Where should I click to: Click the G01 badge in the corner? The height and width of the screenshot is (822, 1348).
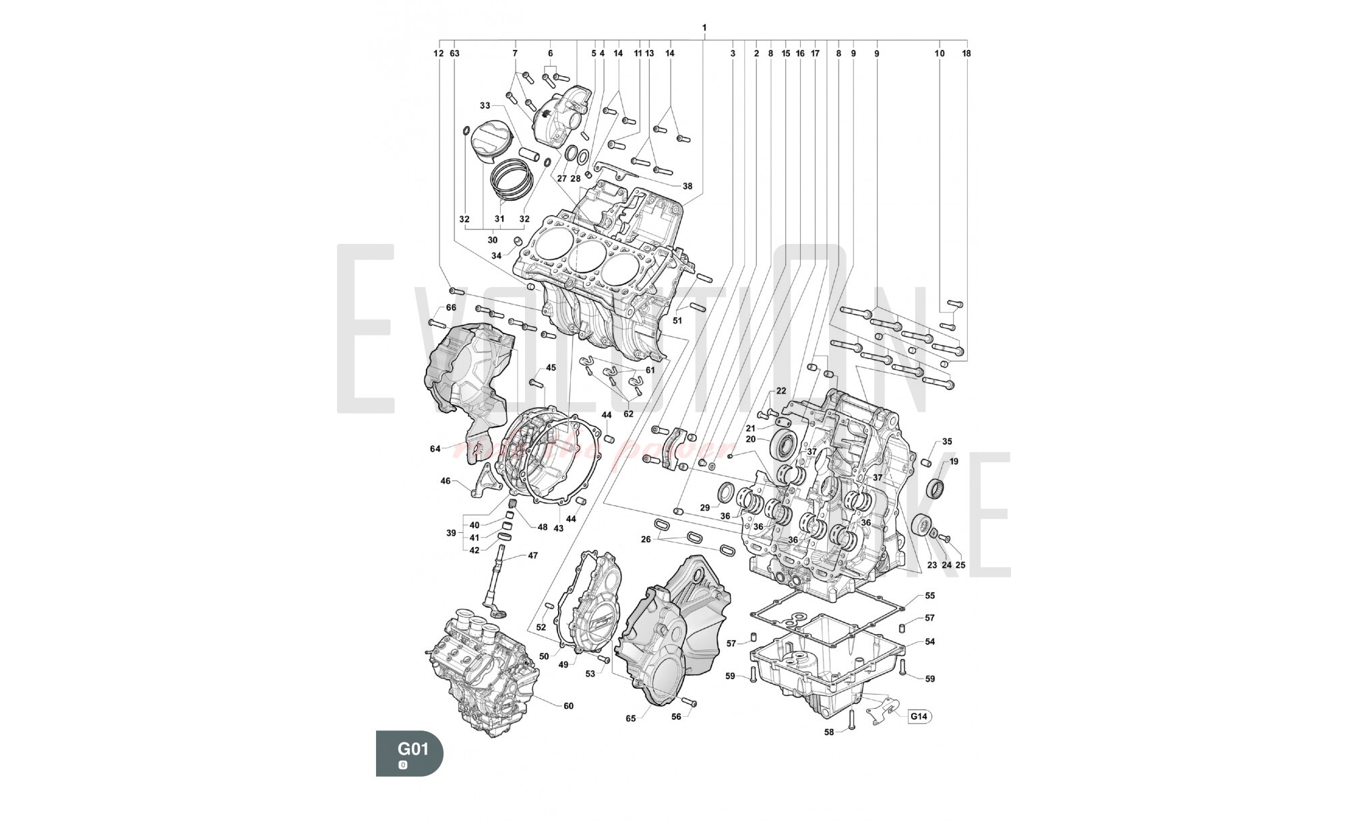point(409,752)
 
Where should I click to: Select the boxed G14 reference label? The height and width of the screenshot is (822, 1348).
point(919,716)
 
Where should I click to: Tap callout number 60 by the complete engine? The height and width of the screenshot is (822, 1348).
point(568,706)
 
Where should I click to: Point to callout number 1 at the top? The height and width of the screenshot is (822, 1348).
point(704,28)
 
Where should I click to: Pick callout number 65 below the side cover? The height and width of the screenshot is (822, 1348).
point(630,718)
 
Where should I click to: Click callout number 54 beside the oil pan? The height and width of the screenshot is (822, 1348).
point(929,642)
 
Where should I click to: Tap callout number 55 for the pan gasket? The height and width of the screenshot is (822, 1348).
point(929,596)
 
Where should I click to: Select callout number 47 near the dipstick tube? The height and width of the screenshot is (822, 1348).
point(532,556)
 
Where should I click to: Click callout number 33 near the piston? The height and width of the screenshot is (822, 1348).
point(485,106)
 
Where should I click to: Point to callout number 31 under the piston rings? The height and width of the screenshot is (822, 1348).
point(499,219)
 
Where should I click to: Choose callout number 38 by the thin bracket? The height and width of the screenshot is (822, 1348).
point(687,186)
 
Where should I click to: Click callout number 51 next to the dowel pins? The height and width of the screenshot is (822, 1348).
point(677,321)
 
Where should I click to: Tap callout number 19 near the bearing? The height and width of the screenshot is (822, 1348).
point(954,462)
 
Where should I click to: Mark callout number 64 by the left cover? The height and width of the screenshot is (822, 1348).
point(435,449)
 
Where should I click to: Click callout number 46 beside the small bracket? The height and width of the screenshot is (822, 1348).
point(445,481)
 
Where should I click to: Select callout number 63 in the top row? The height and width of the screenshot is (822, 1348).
point(454,53)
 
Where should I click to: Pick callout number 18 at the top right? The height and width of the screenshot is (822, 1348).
point(967,53)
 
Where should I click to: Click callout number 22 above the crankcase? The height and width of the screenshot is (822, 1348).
point(781,391)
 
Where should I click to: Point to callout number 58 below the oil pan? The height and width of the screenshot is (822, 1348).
point(829,732)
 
